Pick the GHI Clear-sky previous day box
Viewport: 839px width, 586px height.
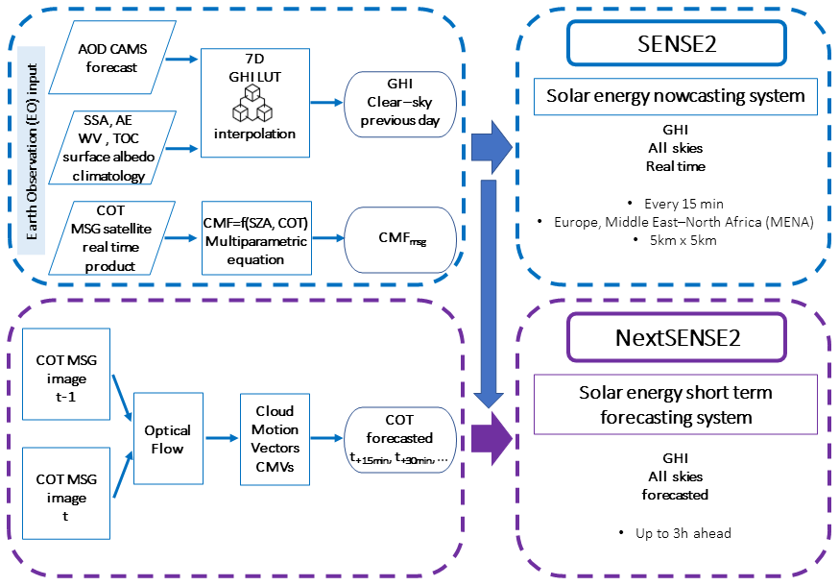400,101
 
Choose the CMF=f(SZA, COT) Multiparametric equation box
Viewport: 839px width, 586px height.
255,236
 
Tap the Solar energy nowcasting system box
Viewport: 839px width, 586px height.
676,96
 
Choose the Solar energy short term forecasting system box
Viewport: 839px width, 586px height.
676,404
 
